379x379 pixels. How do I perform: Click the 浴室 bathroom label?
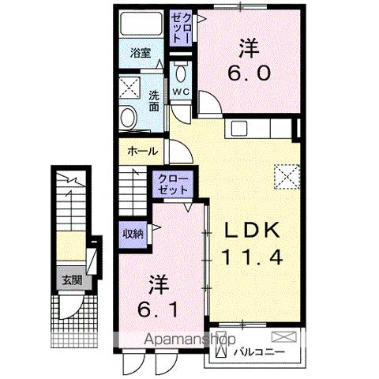pos(141,54)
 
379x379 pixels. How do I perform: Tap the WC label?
pos(181,92)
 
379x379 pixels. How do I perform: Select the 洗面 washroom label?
pos(156,101)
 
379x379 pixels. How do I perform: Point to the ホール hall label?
pos(141,151)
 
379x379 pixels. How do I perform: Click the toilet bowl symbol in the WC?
pos(182,75)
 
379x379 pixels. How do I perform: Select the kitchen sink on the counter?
pos(238,127)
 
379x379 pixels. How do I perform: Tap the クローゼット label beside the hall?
pos(173,185)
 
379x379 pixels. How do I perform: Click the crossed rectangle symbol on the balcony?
pos(288,337)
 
